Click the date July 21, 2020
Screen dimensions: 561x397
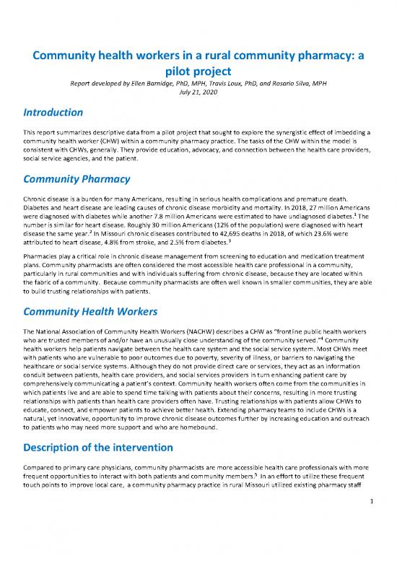(198, 92)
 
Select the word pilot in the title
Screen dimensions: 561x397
(198, 71)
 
